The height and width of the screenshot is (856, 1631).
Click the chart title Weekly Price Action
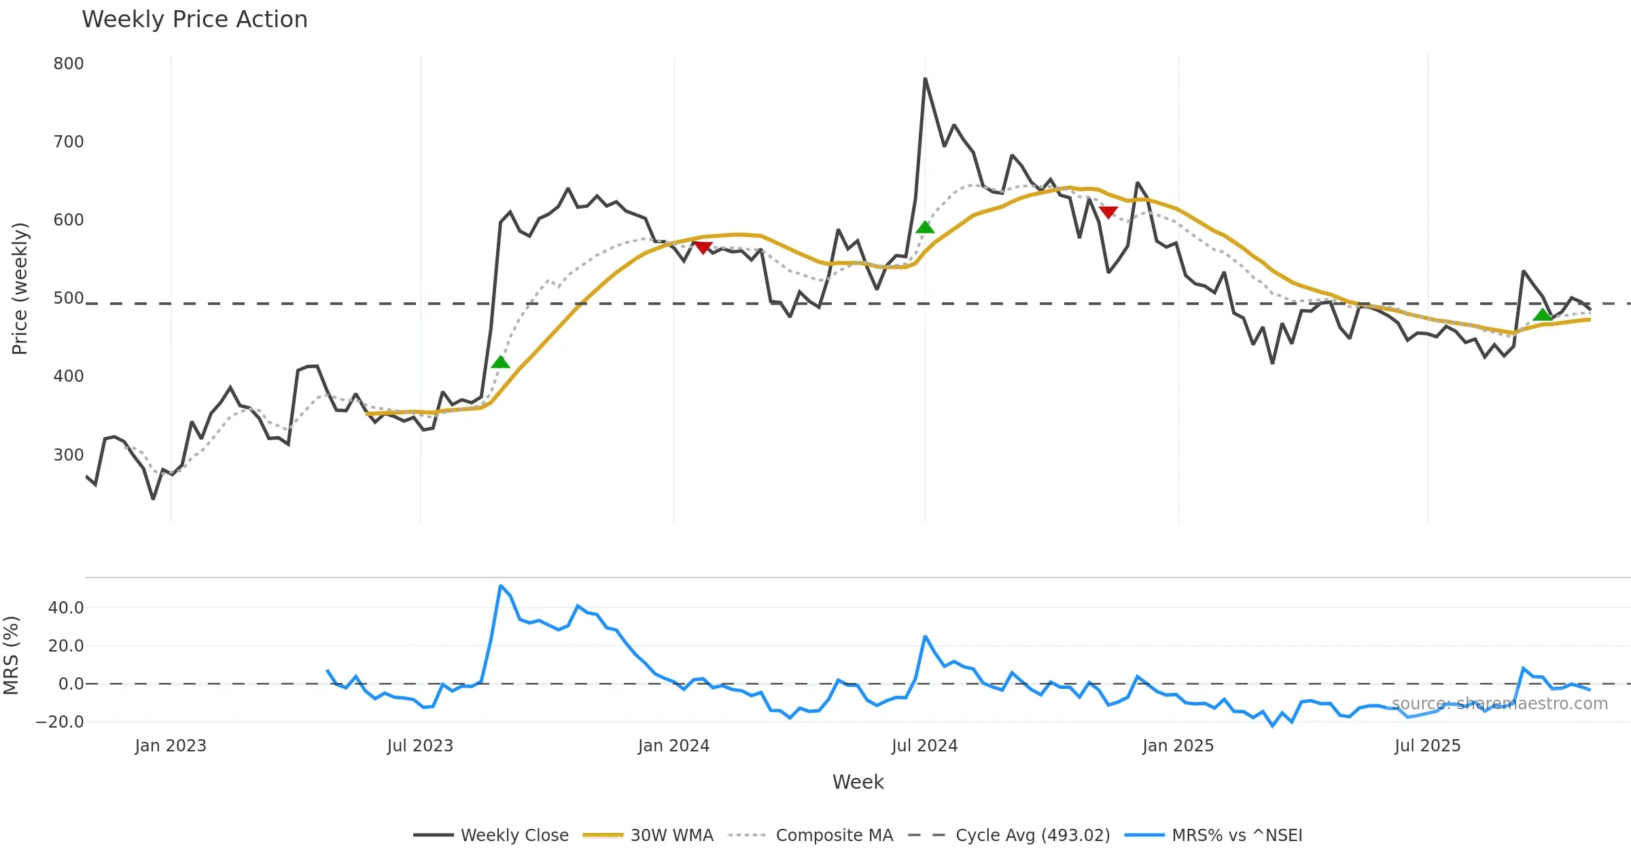tap(194, 20)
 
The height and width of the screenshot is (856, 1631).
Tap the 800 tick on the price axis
tap(69, 64)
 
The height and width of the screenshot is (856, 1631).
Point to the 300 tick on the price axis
tap(69, 454)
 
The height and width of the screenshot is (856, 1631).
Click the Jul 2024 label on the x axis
tap(924, 746)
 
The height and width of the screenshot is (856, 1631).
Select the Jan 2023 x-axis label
tap(171, 746)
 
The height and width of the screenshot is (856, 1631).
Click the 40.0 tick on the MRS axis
tap(66, 608)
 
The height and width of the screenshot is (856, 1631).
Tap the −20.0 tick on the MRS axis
tap(60, 722)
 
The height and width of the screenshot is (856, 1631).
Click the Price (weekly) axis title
tap(20, 289)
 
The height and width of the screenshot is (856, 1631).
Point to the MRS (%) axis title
tap(11, 656)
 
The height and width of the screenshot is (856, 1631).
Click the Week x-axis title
tap(858, 783)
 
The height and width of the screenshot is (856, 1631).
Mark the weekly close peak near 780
tap(925, 79)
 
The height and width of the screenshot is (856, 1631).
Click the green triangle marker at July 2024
tap(925, 228)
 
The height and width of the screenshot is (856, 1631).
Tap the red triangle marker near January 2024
tap(703, 248)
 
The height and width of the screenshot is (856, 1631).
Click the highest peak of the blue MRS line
tap(501, 586)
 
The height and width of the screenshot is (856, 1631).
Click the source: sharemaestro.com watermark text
tap(1500, 704)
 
